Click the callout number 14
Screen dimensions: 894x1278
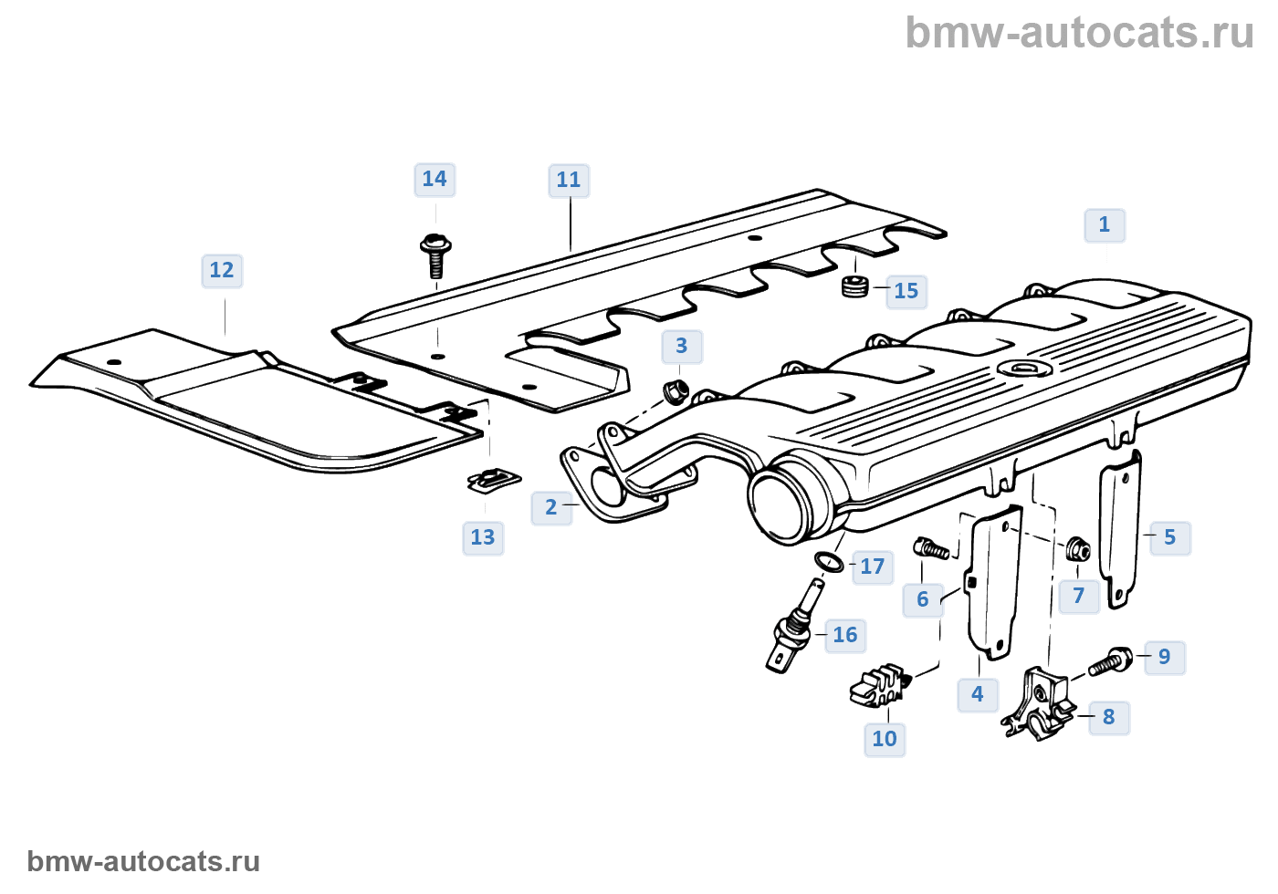coord(435,179)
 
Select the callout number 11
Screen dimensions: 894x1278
coord(568,180)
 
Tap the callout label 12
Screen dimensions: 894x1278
coord(222,270)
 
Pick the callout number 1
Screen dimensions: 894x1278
coord(1105,224)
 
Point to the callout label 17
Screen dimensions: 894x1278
coord(872,567)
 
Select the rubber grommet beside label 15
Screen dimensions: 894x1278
coord(854,286)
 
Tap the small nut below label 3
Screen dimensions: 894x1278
coord(674,391)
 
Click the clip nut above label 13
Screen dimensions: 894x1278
coord(494,479)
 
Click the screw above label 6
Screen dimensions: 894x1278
coord(931,548)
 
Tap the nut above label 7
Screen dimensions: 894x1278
coord(1078,550)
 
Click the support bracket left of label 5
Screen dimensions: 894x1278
coord(1120,529)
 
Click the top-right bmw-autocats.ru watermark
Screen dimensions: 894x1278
coord(1079,33)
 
